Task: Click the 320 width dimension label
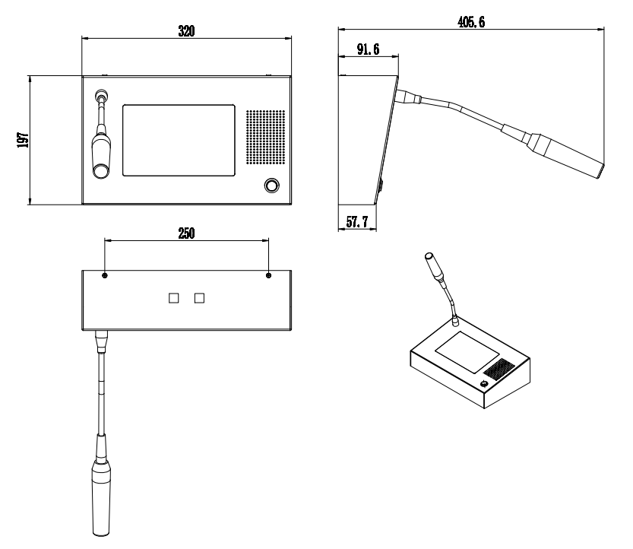(186, 31)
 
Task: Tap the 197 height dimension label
(23, 140)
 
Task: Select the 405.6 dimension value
(471, 22)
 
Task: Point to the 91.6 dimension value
(368, 49)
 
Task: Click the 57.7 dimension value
(357, 222)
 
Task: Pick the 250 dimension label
(186, 233)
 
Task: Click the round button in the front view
(272, 186)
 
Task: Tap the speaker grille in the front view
(266, 137)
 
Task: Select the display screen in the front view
(179, 140)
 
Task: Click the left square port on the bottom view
(173, 298)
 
